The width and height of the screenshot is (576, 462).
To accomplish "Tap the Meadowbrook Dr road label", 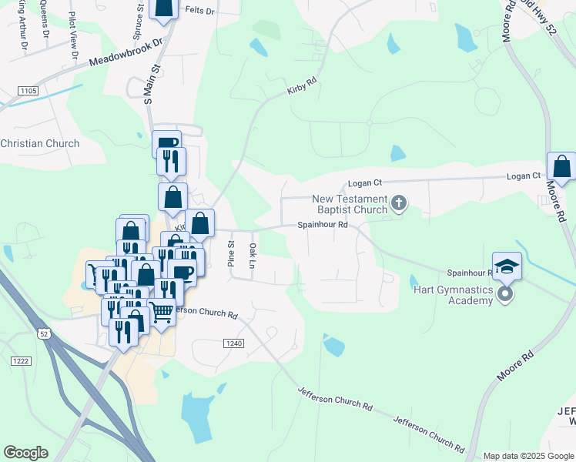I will (x=127, y=52).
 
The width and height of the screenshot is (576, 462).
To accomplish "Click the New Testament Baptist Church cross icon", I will (x=398, y=203).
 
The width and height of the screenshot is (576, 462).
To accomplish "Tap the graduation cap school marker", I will (x=507, y=266).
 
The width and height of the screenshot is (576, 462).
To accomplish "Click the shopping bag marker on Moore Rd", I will (x=561, y=166).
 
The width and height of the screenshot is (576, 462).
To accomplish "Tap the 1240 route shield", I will (x=235, y=342).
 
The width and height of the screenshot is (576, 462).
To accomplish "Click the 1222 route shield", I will (x=21, y=360).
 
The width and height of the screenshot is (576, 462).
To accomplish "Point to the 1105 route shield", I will (x=28, y=92).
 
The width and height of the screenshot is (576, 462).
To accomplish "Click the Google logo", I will (x=25, y=453).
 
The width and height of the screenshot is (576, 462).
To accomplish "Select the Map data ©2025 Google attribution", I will (x=528, y=456).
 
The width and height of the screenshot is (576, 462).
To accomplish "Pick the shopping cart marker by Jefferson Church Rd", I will (x=161, y=313).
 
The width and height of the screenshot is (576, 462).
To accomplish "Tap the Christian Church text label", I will (x=40, y=143).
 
